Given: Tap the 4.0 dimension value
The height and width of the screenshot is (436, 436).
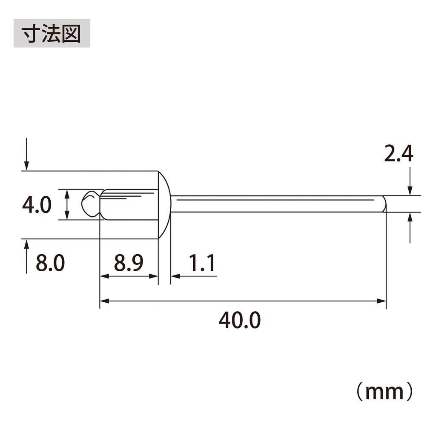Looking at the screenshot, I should click(37, 205).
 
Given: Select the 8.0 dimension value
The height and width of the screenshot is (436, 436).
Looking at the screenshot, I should click(50, 264).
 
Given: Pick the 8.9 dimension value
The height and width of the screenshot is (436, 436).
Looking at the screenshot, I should click(129, 264).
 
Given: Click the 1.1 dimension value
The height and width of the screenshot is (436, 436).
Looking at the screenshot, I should click(201, 264).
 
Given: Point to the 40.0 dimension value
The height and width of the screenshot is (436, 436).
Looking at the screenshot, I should click(239, 320).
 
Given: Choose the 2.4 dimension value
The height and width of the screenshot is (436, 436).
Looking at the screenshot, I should click(399, 154).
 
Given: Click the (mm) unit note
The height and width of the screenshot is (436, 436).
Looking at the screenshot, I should click(384, 392).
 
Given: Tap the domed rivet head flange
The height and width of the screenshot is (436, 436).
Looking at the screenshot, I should click(164, 204).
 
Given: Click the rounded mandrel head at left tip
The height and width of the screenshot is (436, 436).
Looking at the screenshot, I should click(90, 204).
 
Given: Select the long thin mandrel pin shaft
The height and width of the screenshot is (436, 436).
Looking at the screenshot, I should click(277, 204).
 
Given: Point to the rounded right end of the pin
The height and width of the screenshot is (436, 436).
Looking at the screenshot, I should click(384, 204).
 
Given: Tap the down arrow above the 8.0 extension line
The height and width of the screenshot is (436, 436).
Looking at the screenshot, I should click(27, 164).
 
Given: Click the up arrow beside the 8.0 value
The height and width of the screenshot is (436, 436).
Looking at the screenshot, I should click(27, 246).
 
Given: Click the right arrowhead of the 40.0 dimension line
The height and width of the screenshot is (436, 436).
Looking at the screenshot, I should click(381, 301).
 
